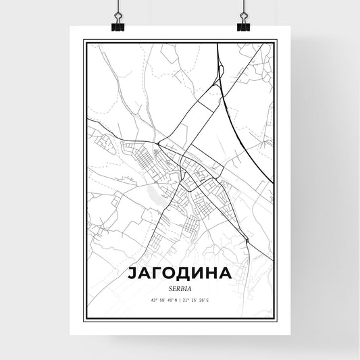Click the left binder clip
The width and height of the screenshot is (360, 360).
point(118,24)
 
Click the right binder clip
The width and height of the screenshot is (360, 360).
point(243,24)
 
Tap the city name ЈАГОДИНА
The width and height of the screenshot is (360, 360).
point(180,274)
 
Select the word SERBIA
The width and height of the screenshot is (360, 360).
point(180,287)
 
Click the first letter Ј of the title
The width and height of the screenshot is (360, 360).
point(130,274)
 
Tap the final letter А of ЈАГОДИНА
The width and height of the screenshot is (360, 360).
point(229,274)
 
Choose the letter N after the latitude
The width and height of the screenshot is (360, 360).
point(175,301)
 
